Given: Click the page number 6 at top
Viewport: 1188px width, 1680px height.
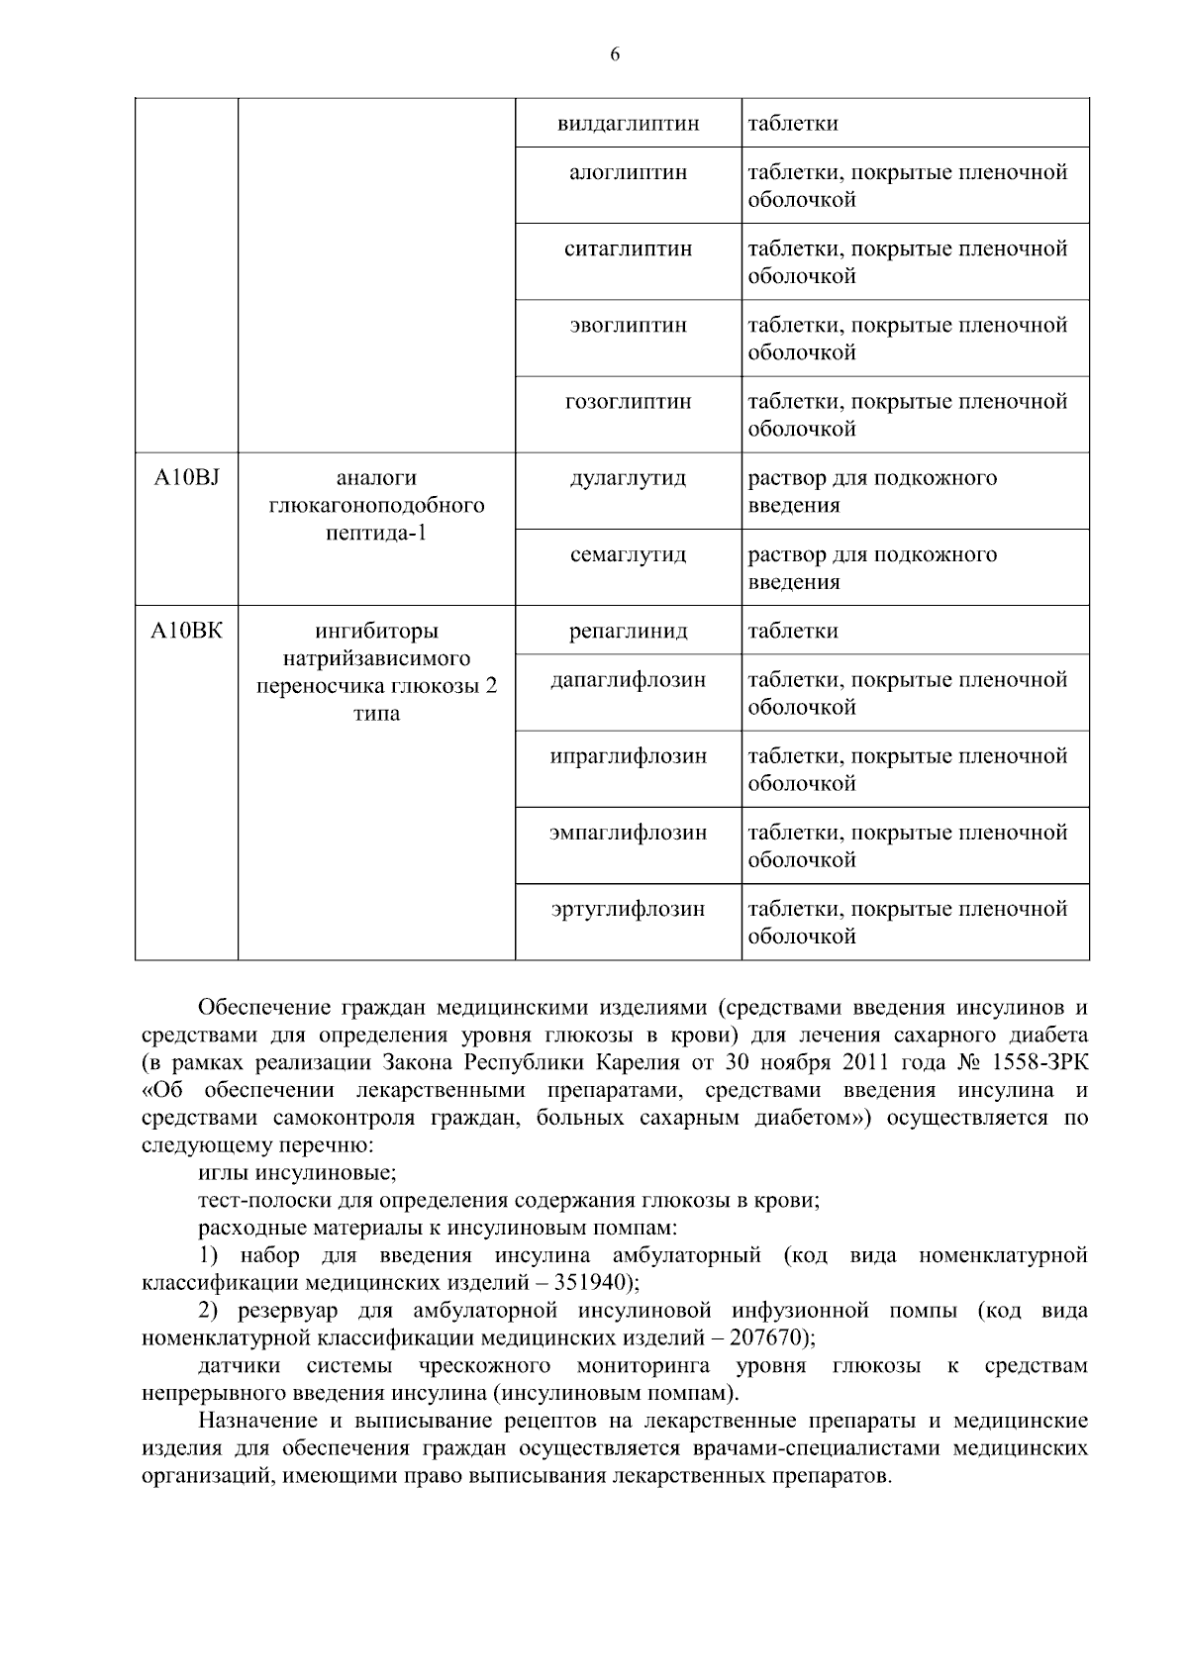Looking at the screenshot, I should tap(615, 55).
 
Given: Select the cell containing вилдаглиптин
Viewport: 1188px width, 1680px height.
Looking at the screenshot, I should tap(628, 124).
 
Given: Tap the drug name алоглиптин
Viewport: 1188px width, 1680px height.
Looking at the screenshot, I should tap(628, 173).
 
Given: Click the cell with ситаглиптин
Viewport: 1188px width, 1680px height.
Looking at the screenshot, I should tap(628, 249).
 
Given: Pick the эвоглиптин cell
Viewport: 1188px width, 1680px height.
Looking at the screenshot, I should tap(628, 326).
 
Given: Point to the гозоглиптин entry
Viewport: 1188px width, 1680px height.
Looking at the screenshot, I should tap(628, 402).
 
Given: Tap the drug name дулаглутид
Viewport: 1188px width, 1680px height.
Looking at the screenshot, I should tap(628, 478).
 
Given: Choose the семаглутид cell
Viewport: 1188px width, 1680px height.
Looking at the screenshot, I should tap(628, 555).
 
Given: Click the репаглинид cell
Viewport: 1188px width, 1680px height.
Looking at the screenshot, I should tap(628, 632).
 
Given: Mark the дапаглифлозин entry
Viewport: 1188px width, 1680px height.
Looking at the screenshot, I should tap(628, 680).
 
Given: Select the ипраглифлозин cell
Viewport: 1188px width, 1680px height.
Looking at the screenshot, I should tap(628, 756).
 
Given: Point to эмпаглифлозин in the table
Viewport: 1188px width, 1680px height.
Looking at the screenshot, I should tap(628, 833).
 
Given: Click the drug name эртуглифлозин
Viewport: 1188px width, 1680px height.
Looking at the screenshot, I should tap(628, 909).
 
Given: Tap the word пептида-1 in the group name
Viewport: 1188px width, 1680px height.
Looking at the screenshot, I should tap(376, 533).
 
